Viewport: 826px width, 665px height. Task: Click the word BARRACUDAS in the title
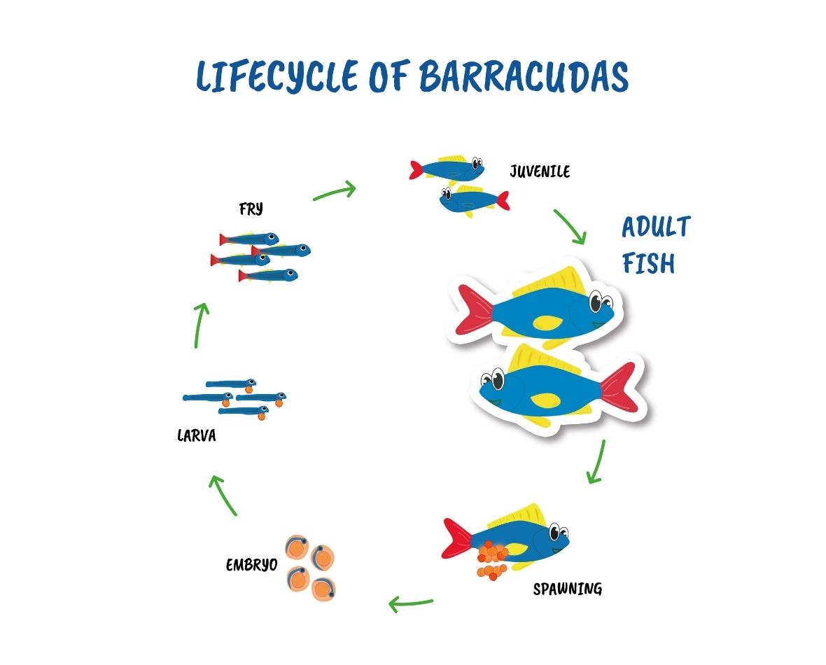click(x=524, y=76)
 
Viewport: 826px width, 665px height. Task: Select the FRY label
click(x=251, y=209)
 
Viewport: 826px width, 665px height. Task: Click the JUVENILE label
click(x=540, y=171)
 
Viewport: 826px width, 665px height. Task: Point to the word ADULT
click(x=656, y=227)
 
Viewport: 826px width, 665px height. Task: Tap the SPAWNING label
click(x=567, y=589)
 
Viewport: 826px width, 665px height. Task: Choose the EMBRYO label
click(x=252, y=566)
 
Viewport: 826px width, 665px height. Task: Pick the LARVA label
click(x=197, y=436)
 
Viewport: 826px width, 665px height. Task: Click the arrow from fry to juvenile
click(x=335, y=191)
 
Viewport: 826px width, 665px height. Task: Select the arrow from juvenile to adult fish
click(x=569, y=227)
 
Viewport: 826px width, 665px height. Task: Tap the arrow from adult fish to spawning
click(x=597, y=461)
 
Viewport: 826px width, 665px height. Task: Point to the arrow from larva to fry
click(x=199, y=325)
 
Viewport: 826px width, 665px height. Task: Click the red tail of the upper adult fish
click(x=475, y=309)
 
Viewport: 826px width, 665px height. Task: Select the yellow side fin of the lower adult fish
click(x=545, y=400)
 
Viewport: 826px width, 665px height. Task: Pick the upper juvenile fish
click(x=447, y=169)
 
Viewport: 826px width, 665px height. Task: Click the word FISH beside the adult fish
click(x=648, y=263)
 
